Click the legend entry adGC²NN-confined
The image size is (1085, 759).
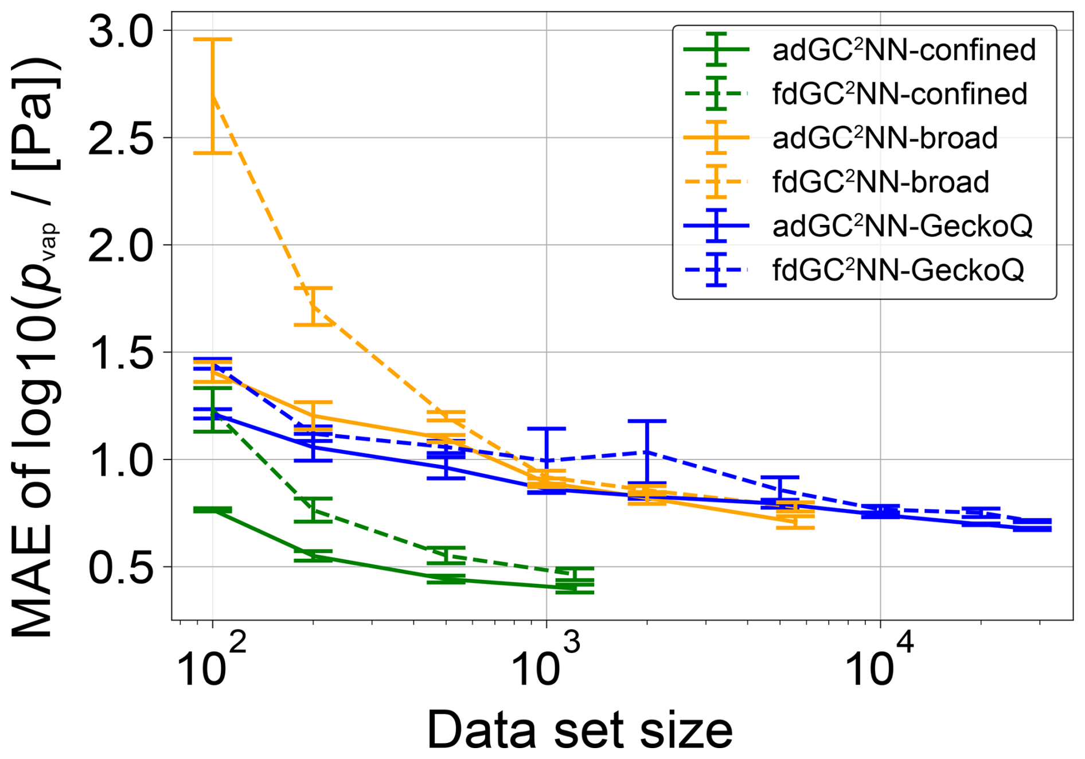pos(904,50)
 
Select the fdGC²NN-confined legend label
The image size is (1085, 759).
pos(899,94)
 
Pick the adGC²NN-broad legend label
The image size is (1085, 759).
pos(885,138)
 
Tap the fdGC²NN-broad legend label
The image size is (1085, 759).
pos(880,182)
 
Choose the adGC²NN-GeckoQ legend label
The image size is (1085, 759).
pos(902,226)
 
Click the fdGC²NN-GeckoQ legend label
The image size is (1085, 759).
pos(897,270)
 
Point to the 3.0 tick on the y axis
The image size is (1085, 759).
pos(121,31)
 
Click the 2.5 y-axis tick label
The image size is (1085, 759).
pos(121,138)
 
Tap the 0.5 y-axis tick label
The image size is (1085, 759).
pos(121,567)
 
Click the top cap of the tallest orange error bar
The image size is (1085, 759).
pos(213,39)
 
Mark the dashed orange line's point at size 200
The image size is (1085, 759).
pos(313,306)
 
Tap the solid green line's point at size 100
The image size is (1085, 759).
pos(213,509)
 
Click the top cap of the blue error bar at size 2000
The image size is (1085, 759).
pos(647,421)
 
